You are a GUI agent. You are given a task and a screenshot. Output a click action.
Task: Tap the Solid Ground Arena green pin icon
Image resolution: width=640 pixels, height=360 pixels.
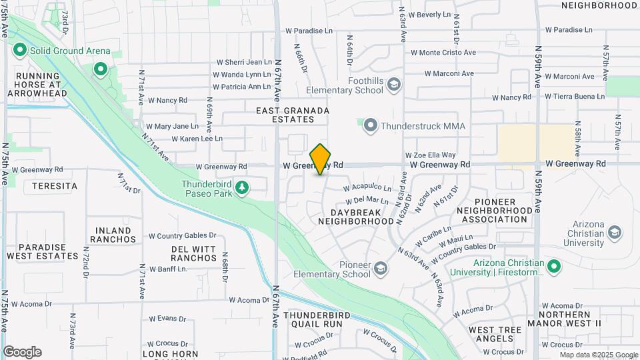(19, 50)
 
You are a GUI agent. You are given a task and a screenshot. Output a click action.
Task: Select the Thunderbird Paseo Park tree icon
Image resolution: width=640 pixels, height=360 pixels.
(242, 189)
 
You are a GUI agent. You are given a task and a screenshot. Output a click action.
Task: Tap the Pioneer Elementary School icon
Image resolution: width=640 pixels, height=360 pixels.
(380, 268)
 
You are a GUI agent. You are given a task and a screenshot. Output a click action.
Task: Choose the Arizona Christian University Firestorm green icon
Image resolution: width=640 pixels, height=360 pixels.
(553, 267)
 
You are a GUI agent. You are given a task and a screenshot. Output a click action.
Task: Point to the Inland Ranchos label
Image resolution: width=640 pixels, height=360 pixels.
(113, 234)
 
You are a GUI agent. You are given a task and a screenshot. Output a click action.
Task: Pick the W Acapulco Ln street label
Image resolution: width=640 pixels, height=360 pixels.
(367, 187)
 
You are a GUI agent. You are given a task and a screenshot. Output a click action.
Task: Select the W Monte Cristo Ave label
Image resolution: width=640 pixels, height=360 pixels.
(443, 52)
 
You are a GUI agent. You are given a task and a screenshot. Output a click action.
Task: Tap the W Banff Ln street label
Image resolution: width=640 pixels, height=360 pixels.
(168, 269)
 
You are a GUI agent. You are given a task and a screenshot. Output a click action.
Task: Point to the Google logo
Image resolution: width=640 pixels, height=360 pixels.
(22, 351)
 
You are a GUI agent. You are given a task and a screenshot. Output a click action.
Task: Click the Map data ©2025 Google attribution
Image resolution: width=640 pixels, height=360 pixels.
(599, 355)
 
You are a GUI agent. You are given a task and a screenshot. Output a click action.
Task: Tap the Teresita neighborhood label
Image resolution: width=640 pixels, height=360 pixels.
(51, 186)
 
